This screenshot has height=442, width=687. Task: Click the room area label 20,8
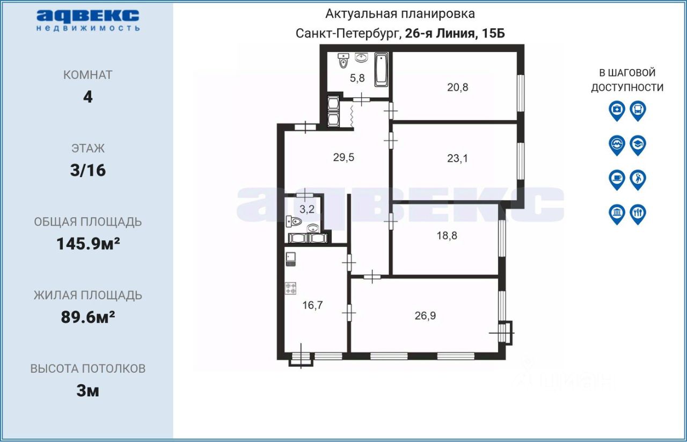[458, 88]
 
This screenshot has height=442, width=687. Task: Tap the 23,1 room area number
[457, 158]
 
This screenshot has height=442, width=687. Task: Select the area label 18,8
[447, 235]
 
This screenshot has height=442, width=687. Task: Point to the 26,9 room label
[425, 316]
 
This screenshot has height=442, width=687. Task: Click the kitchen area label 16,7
[312, 305]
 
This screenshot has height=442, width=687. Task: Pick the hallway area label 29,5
[343, 157]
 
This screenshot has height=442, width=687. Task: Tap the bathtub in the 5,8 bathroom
[381, 70]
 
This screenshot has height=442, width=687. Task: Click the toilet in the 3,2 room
[294, 222]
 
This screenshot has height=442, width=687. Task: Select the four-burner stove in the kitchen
[291, 288]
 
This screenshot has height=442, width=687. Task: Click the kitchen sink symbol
[291, 259]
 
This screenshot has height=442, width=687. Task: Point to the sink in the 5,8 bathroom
[362, 57]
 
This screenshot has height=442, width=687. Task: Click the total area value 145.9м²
[88, 244]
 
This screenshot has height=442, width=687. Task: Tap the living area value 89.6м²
[88, 317]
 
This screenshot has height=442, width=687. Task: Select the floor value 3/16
[88, 170]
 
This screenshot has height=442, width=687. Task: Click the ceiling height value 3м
[88, 391]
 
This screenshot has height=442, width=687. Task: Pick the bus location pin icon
[638, 111]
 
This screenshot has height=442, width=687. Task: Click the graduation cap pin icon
[638, 145]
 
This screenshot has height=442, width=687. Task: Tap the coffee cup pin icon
[617, 180]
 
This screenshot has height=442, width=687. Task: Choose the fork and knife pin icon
[638, 214]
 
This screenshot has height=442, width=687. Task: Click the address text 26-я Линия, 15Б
[455, 33]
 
